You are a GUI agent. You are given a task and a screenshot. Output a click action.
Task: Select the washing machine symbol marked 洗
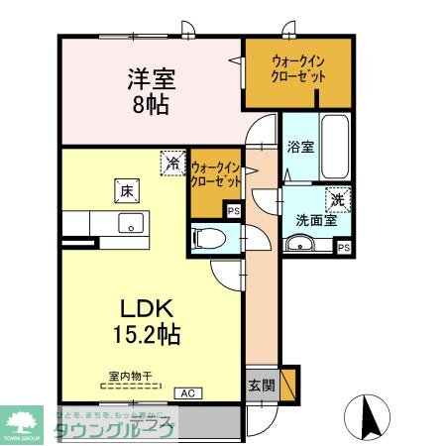(338, 199)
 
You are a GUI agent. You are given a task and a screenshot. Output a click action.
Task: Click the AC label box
(187, 392)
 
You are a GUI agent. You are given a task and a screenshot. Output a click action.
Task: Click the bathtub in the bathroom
(335, 148)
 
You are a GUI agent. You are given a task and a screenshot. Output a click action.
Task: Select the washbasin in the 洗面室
(306, 245)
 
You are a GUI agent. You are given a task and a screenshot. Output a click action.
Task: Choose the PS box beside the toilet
(234, 210)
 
